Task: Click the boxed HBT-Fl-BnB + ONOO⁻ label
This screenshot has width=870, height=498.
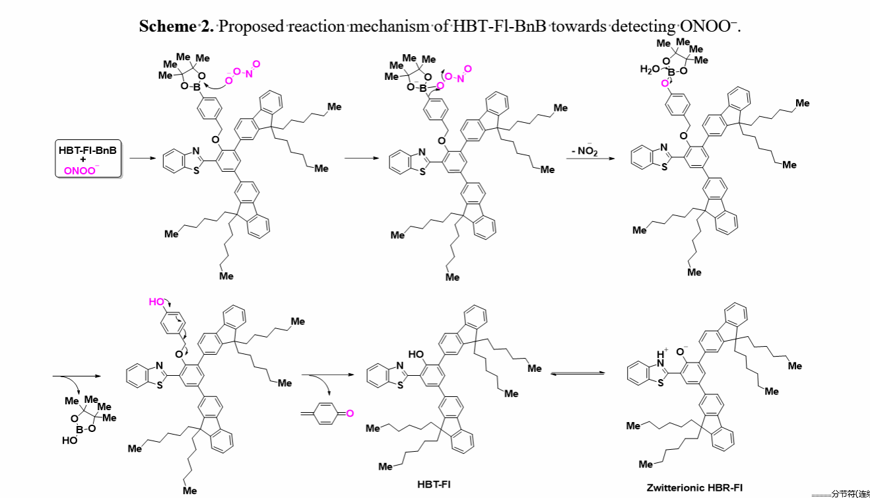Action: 88,159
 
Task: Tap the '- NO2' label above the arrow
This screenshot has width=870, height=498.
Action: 584,153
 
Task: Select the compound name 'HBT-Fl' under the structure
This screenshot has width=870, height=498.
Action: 434,484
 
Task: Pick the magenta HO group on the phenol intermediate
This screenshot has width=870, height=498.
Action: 156,301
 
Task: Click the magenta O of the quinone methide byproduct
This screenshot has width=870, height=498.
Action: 350,413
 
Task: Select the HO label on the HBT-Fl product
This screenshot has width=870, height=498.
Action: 416,354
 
